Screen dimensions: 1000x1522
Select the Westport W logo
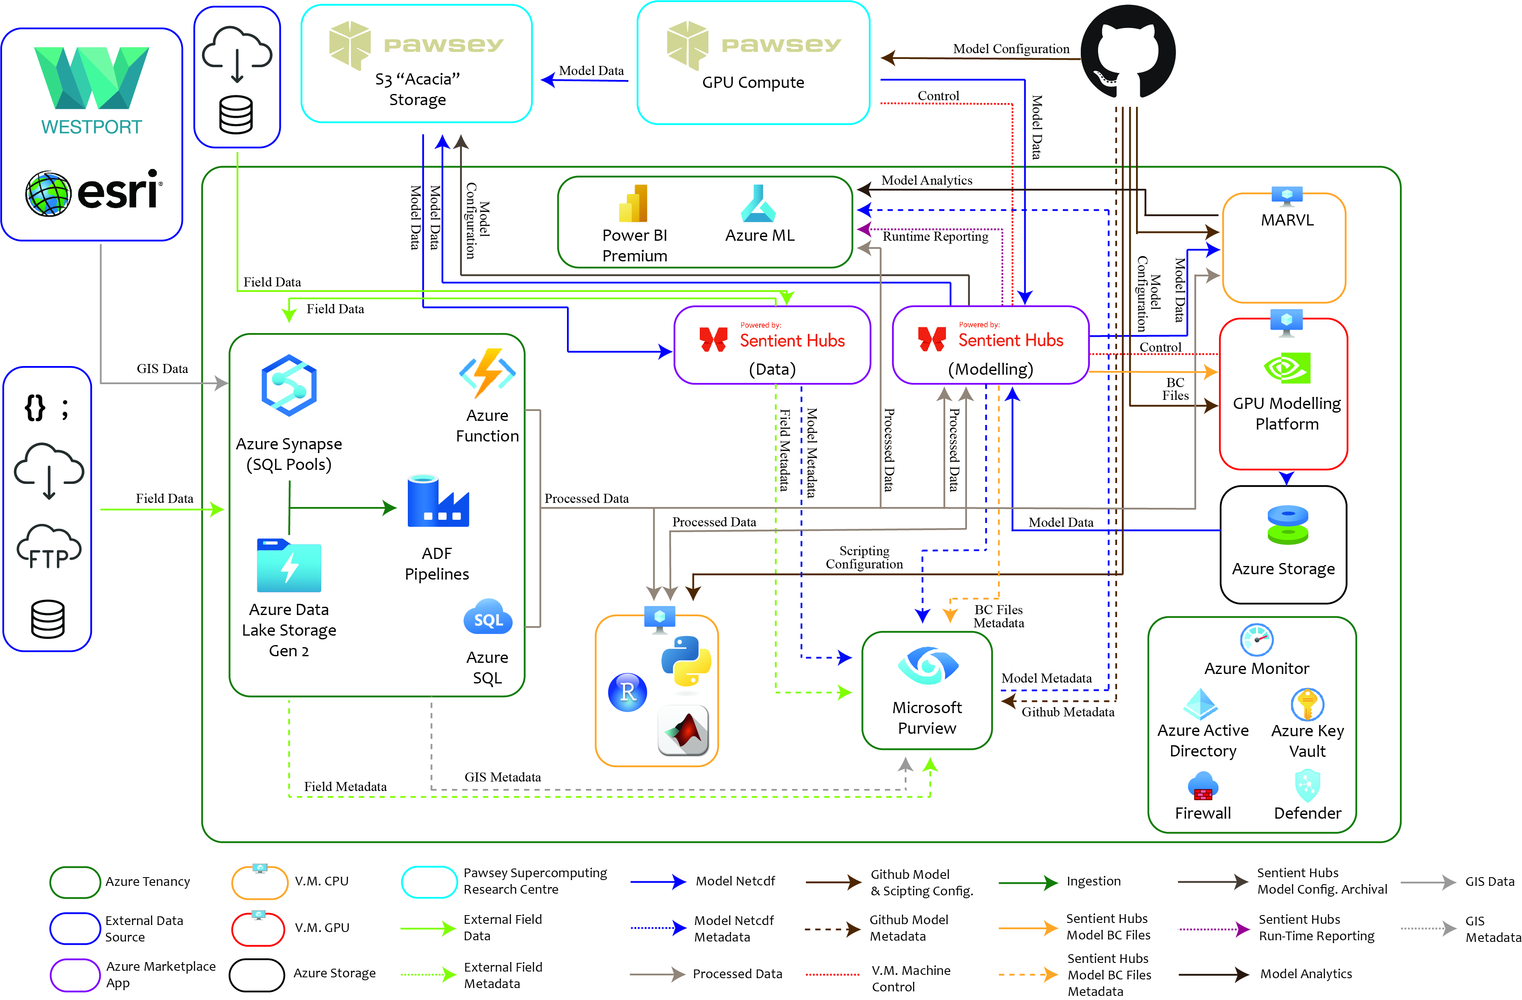click(92, 78)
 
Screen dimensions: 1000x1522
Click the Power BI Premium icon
click(634, 203)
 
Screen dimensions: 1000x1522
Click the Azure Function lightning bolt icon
click(487, 372)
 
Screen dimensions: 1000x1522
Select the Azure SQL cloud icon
click(488, 617)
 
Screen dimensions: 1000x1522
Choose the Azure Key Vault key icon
click(1307, 704)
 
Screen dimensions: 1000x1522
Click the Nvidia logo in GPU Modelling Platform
click(1287, 368)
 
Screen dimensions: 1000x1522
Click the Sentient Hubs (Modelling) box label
click(990, 369)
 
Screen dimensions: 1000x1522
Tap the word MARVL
click(1287, 220)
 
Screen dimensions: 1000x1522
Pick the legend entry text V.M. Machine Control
click(910, 978)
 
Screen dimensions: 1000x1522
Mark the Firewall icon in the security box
click(1203, 786)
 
